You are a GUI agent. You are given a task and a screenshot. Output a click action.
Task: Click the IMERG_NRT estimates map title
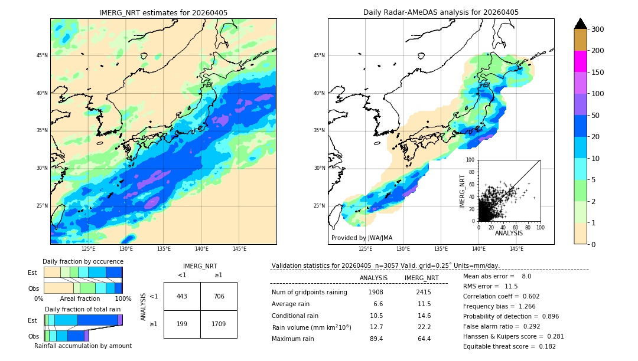click(x=163, y=12)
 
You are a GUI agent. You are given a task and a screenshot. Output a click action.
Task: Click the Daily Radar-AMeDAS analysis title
click(x=441, y=12)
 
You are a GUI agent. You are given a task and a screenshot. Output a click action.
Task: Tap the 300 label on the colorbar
click(x=598, y=29)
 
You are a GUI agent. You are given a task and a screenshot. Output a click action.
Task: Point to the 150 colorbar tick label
click(x=598, y=73)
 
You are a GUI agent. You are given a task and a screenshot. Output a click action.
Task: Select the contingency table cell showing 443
click(x=182, y=296)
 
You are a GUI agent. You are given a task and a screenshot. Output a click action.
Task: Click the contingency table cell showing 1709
click(x=219, y=324)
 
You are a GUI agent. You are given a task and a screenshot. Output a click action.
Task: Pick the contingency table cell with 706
click(x=219, y=296)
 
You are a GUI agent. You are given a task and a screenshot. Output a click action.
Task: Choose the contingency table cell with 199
click(x=182, y=324)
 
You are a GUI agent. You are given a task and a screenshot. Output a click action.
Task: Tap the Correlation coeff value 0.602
click(x=526, y=296)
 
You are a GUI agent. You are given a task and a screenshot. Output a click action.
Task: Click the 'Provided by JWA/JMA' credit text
click(x=362, y=238)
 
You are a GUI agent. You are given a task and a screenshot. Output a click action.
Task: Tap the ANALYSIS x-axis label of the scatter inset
click(x=509, y=234)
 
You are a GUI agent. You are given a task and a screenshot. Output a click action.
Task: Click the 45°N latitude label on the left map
click(x=42, y=55)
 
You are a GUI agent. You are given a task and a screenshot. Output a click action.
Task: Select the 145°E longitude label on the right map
click(x=516, y=249)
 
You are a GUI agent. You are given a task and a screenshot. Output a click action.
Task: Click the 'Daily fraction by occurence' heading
click(x=83, y=261)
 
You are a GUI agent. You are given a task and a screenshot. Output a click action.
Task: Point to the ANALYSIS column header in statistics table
click(x=373, y=278)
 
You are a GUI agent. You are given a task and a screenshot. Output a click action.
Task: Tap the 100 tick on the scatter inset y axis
click(x=471, y=160)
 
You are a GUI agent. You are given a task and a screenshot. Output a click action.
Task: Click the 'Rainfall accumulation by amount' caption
click(x=83, y=346)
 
